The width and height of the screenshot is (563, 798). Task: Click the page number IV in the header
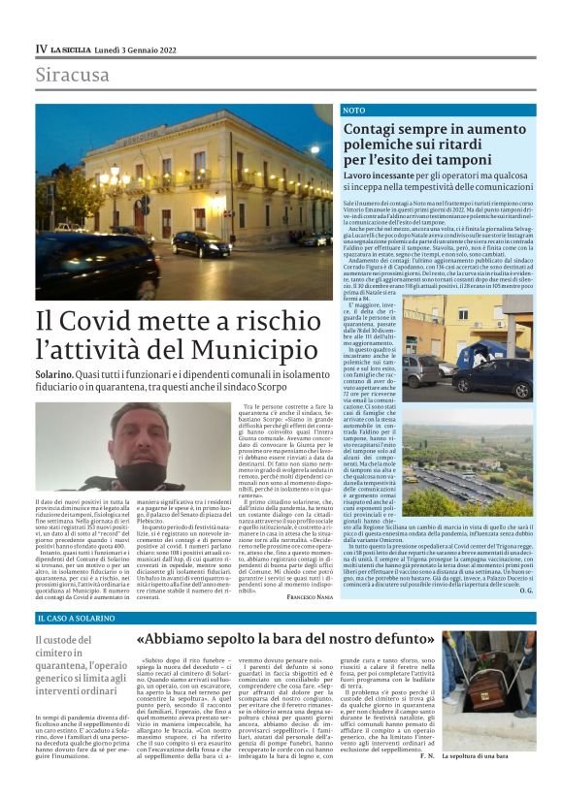point(41,48)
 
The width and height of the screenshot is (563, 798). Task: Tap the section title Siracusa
point(73,76)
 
